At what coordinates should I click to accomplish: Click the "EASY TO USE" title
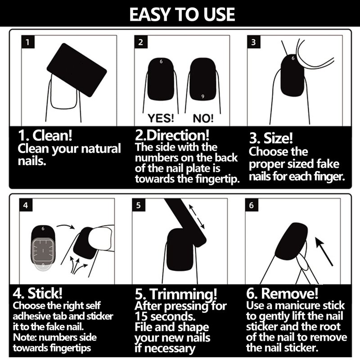tap(182, 14)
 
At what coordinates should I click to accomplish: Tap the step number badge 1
tap(28, 42)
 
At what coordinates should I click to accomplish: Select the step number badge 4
tap(26, 205)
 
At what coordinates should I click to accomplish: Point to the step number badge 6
tap(252, 205)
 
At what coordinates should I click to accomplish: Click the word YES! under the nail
tap(161, 118)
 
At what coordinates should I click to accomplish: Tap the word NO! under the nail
tap(203, 118)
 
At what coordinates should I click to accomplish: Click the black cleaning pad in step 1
tap(76, 70)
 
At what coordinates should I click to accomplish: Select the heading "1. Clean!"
tap(45, 135)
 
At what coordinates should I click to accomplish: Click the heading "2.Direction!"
tap(172, 135)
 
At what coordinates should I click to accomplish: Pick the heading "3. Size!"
tap(271, 138)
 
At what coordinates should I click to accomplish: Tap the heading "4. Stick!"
tap(38, 293)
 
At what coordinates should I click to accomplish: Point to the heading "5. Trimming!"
tap(176, 294)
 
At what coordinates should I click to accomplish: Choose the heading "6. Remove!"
tap(282, 293)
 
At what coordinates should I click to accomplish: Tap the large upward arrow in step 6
tap(324, 252)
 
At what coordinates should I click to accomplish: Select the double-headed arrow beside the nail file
tap(197, 216)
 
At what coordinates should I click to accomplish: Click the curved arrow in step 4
tap(66, 227)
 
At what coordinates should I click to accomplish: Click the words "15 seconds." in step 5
tap(165, 316)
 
